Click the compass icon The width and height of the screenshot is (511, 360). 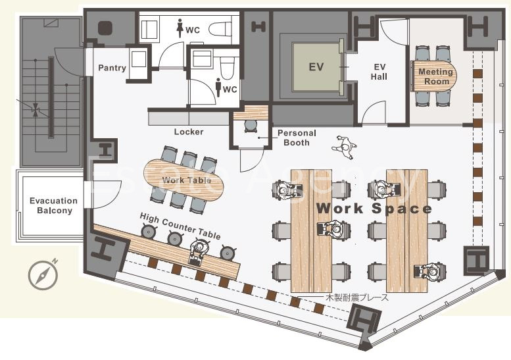click(43, 274)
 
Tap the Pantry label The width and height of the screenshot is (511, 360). click(112, 68)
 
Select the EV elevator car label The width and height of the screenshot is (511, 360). click(316, 67)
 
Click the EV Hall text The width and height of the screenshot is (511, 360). click(379, 72)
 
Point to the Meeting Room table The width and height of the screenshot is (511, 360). click(435, 76)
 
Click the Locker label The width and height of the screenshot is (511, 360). click(189, 132)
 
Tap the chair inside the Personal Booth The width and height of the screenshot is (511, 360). click(251, 126)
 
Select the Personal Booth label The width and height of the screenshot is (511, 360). click(297, 138)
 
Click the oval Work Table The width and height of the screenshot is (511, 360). click(184, 180)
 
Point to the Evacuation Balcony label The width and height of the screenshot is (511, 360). click(54, 205)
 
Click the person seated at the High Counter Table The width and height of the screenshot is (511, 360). click(199, 251)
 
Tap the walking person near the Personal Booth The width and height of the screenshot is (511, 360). click(345, 147)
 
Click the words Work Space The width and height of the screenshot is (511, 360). click(374, 209)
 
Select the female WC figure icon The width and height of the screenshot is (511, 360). click(180, 28)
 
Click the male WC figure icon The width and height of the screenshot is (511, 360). click(219, 88)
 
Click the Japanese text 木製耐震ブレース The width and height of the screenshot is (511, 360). click(357, 297)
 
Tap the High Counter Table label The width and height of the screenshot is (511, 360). click(180, 226)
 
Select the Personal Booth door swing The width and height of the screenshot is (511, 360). click(252, 161)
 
